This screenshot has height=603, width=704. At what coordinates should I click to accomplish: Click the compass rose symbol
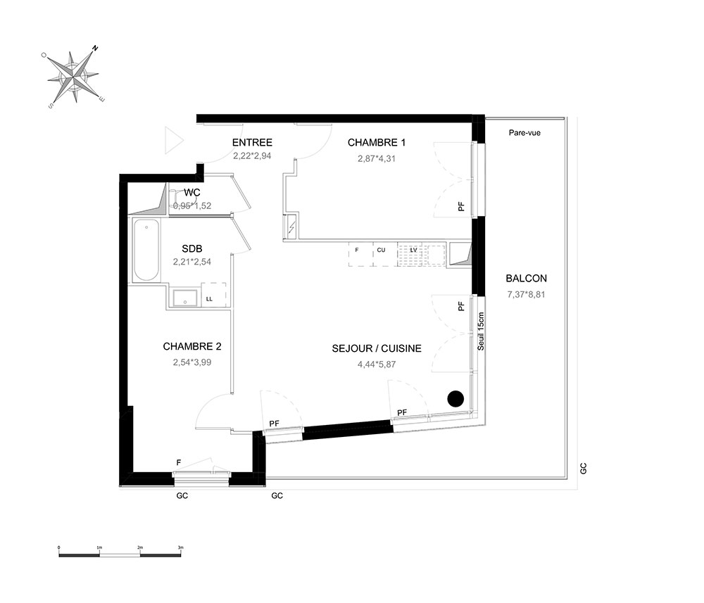click(73, 77)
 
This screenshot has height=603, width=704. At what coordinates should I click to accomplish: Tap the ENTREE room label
click(252, 143)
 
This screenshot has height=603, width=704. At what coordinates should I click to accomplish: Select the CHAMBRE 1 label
click(377, 143)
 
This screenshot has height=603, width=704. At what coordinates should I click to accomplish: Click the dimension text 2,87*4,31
click(377, 158)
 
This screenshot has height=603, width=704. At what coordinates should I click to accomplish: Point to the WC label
click(192, 193)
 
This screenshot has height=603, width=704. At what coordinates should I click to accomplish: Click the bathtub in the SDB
click(146, 250)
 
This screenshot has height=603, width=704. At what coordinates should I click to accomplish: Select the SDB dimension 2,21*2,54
click(192, 262)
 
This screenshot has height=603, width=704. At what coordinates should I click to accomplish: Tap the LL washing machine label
click(209, 299)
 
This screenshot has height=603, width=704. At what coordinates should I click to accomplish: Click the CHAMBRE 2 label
click(192, 346)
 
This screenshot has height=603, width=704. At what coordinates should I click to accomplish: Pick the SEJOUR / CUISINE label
click(377, 348)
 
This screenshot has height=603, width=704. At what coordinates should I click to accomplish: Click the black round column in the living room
click(455, 398)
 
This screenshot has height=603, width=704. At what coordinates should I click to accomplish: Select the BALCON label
click(526, 278)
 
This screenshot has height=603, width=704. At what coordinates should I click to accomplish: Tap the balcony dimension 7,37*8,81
click(526, 294)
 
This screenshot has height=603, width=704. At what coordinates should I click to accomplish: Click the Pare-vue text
click(524, 133)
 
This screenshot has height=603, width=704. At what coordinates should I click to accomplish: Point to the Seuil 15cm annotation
click(481, 331)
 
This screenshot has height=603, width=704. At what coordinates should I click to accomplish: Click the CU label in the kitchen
click(381, 250)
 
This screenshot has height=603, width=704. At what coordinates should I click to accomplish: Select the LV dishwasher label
click(413, 250)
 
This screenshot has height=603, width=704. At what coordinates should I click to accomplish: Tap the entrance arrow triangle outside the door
click(174, 141)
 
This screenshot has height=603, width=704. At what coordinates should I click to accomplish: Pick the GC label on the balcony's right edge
click(583, 469)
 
